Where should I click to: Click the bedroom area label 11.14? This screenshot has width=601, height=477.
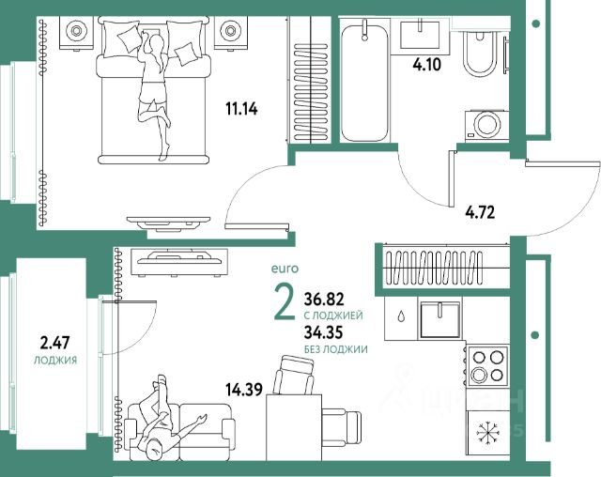tap(241, 110)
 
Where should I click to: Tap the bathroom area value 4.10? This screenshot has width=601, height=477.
tap(426, 65)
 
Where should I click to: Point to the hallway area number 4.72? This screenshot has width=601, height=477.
tap(480, 212)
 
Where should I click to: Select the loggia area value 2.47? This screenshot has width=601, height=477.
tap(55, 343)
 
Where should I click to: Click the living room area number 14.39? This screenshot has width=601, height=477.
tap(244, 390)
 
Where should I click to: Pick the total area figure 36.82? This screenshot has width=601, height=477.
tap(324, 300)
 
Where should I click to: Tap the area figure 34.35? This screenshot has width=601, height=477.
tap(323, 332)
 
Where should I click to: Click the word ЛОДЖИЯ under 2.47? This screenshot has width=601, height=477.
tap(55, 361)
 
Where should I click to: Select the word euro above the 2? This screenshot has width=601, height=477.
tap(285, 269)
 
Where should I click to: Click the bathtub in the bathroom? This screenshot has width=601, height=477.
tap(365, 83)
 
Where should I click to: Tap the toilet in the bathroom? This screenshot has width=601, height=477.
tap(479, 54)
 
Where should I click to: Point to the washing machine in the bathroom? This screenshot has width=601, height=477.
tap(487, 126)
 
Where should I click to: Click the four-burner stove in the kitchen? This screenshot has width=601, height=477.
tap(488, 366)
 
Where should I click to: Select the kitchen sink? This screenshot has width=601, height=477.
tap(440, 319)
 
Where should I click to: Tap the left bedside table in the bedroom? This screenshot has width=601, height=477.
tap(76, 32)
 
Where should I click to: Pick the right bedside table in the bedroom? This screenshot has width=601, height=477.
tap(230, 32)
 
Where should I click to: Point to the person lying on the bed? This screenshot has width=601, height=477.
tap(154, 96)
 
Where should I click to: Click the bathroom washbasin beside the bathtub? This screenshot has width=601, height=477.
tap(420, 35)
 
